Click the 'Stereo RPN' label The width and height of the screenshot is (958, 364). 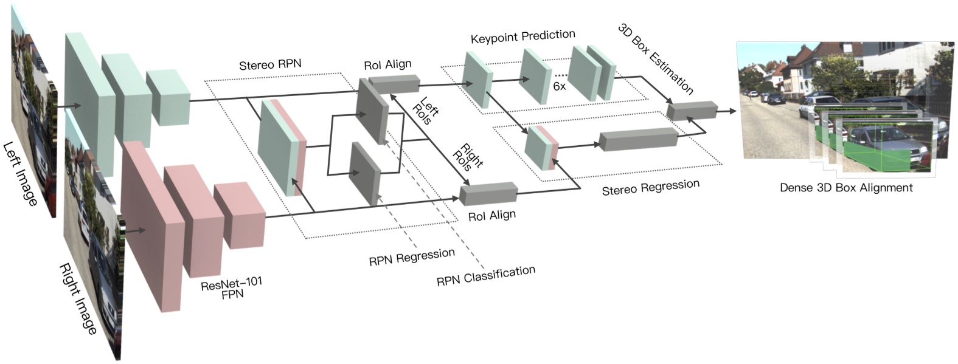269,64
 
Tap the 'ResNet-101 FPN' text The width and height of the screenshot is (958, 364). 232,287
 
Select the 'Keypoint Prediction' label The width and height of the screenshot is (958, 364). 522,37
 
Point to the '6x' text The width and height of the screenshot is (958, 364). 559,86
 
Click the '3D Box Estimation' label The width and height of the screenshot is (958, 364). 655,59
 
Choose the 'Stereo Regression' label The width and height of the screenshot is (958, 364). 650,187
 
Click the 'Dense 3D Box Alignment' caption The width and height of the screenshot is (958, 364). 845,188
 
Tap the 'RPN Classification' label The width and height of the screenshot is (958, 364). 485,275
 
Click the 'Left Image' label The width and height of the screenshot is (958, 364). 20,173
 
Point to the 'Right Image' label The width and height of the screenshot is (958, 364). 78,298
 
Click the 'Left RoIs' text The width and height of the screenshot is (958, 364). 425,109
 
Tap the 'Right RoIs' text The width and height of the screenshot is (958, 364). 469,156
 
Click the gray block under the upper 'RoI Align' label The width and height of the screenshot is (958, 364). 394,83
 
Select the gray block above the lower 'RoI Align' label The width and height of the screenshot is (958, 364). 488,193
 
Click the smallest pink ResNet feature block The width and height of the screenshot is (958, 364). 239,215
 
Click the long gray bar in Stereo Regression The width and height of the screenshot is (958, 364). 637,140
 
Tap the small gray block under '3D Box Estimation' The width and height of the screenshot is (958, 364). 691,111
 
